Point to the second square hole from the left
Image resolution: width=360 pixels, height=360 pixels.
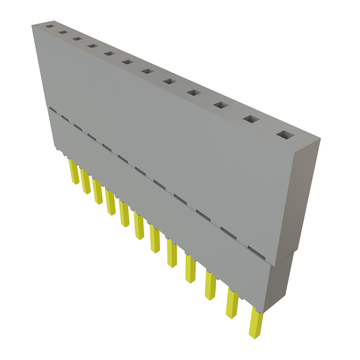click(63, 32)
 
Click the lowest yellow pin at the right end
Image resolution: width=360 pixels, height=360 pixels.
click(256, 323)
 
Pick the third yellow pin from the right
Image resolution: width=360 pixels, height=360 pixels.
click(210, 287)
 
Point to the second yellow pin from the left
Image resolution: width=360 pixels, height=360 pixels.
click(85, 182)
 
